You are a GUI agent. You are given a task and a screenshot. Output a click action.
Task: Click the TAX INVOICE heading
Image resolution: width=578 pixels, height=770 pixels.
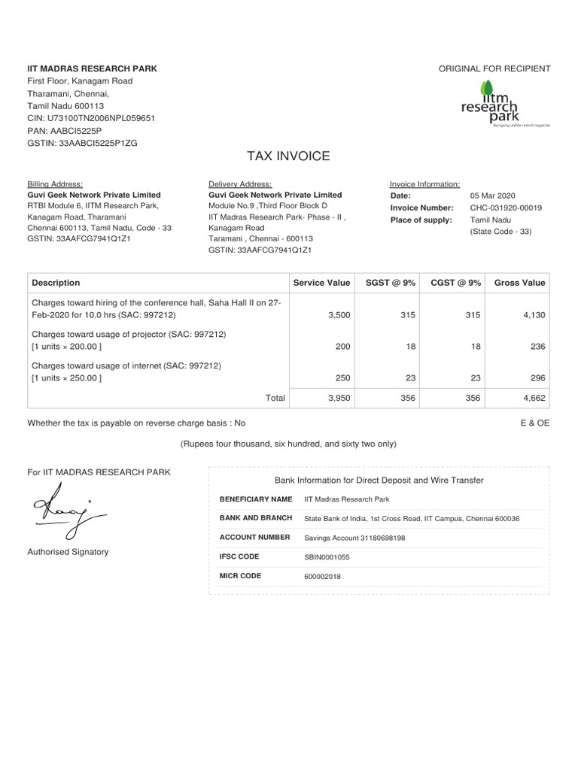288,156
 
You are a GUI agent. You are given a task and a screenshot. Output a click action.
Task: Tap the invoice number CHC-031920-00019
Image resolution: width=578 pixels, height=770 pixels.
506,208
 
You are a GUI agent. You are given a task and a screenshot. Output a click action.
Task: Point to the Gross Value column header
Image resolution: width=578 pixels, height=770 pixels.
519,283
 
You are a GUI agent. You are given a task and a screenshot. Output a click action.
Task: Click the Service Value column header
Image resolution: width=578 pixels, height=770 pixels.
321,283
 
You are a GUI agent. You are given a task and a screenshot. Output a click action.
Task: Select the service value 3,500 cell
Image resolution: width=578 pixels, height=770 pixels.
339,317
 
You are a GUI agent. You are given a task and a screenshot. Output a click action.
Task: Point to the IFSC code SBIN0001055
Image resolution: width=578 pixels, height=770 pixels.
327,557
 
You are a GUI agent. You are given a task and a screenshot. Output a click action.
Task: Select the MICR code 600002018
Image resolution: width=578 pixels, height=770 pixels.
323,576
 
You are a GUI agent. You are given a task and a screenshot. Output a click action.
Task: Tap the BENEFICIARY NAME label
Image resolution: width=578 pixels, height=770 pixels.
255,499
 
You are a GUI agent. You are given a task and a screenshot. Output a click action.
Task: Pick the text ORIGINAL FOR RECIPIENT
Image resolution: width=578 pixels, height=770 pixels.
494,68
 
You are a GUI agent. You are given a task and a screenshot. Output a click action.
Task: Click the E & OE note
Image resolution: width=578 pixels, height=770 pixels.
535,423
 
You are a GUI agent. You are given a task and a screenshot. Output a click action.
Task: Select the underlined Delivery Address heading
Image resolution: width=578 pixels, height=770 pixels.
240,183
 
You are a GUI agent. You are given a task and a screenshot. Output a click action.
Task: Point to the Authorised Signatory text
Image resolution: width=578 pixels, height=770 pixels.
68,552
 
